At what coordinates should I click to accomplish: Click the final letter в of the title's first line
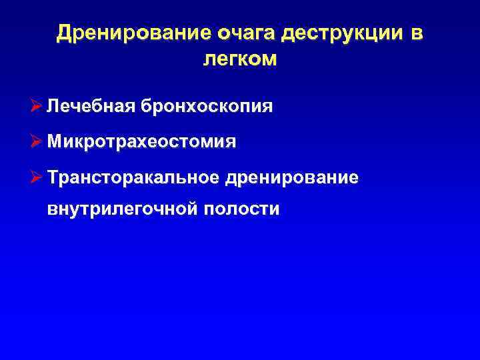[x=417, y=33]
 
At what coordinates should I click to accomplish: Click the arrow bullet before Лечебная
[x=37, y=107]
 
